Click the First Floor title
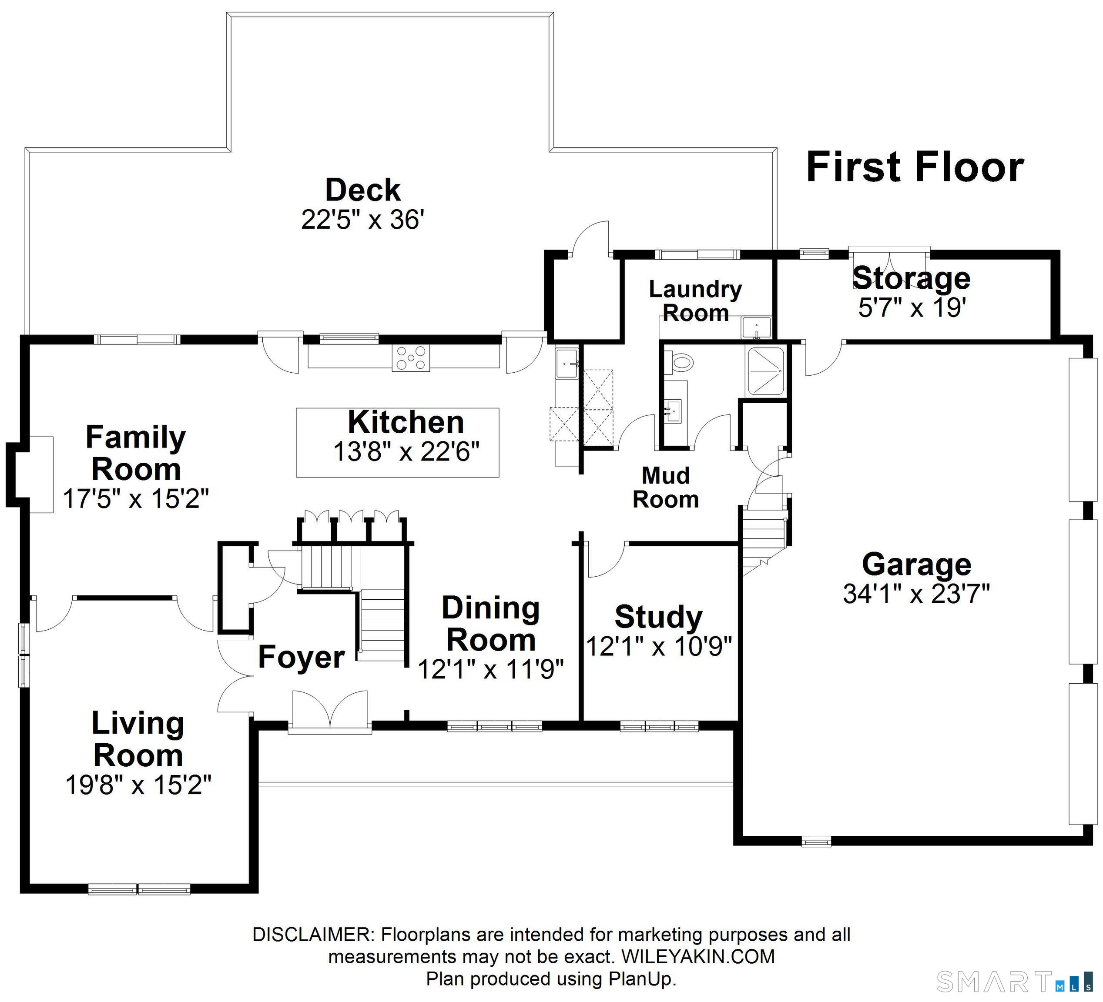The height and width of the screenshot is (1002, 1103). click(x=915, y=167)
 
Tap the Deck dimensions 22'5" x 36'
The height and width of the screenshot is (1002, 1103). click(x=363, y=220)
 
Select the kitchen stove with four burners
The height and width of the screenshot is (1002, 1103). click(x=410, y=358)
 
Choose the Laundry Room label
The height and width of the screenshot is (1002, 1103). click(x=695, y=301)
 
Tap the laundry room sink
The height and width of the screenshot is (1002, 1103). click(x=756, y=328)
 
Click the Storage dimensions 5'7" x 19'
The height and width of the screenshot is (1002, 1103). click(x=911, y=307)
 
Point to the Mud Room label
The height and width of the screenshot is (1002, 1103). click(x=665, y=488)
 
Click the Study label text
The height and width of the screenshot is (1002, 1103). click(x=658, y=617)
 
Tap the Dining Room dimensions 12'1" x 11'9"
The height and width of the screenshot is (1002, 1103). click(x=491, y=669)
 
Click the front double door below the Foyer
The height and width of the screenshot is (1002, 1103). click(x=330, y=711)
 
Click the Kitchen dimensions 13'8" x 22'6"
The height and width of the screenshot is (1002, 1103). click(x=406, y=452)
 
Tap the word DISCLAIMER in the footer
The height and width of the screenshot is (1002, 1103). click(x=312, y=935)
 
